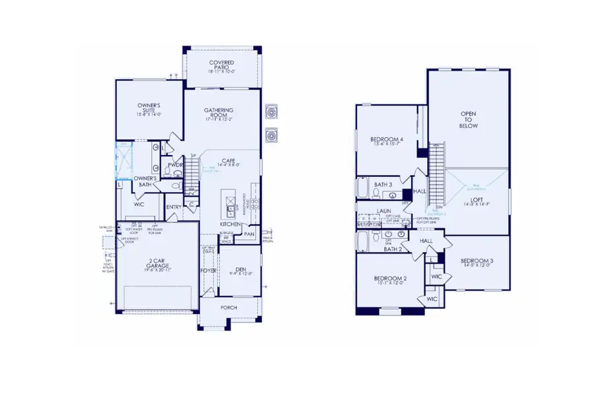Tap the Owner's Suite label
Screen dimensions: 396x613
coord(149,110)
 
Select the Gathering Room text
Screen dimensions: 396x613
coord(219,114)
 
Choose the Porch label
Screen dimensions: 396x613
coord(228,308)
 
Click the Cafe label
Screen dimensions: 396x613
coord(229,160)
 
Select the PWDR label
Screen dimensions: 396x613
coord(175,165)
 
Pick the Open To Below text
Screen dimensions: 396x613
coord(468,119)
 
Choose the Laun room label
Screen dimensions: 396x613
coord(384,212)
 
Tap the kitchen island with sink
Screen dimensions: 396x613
coord(229,205)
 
